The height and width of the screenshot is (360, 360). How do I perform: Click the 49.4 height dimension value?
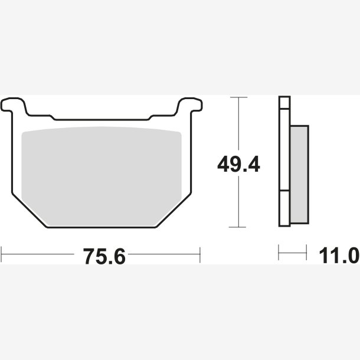(238, 164)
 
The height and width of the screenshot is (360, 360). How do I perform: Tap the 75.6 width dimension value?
(104, 256)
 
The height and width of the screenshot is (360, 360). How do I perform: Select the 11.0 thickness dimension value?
(339, 256)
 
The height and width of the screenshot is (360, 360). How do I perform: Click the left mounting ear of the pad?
(14, 106)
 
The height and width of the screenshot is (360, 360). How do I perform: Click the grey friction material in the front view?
(102, 176)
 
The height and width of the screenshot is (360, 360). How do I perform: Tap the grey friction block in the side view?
(299, 175)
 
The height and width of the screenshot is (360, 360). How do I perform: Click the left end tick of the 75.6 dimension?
(1, 254)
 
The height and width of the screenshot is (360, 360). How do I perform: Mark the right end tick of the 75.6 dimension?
(200, 255)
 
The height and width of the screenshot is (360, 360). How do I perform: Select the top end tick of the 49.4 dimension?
(239, 97)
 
